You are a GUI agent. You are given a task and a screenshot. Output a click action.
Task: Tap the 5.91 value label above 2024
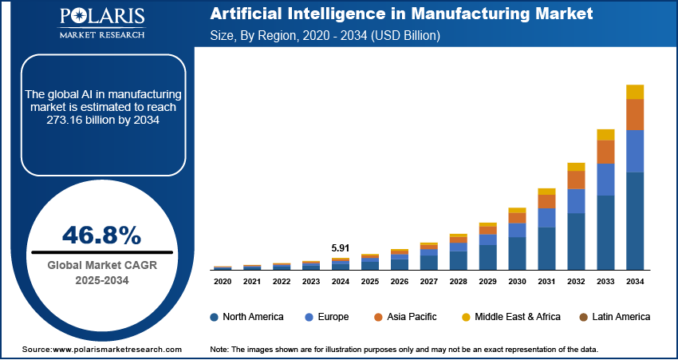(x=340, y=247)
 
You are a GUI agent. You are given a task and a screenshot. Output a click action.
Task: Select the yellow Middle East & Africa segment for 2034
(x=635, y=92)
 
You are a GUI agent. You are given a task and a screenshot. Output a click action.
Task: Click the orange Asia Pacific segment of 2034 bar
(x=635, y=115)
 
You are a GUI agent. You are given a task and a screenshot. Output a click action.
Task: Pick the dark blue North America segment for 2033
(x=606, y=232)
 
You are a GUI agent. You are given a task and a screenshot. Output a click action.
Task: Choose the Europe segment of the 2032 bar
(x=577, y=201)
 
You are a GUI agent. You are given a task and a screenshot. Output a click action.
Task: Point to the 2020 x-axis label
(x=223, y=282)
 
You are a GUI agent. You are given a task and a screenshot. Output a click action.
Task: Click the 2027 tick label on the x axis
(x=428, y=282)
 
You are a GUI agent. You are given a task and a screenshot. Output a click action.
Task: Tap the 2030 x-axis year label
(x=517, y=282)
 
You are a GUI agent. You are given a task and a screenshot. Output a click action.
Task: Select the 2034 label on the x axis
(x=635, y=282)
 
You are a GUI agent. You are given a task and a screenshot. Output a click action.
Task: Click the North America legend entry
(x=246, y=317)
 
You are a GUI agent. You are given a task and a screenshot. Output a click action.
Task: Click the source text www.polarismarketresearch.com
(x=101, y=350)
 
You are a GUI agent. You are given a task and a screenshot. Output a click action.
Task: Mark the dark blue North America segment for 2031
(x=546, y=248)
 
